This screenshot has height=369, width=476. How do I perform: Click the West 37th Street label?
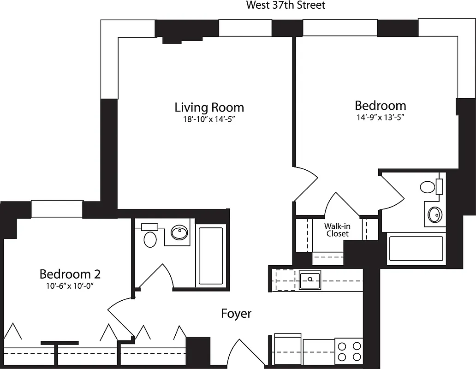point(286,6)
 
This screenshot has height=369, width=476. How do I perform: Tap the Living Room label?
point(209,107)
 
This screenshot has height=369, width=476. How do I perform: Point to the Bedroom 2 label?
point(70,274)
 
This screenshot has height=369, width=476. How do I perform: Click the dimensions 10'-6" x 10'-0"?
point(70,286)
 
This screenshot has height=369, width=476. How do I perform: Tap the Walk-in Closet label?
point(337,230)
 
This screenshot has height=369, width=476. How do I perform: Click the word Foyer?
point(236,314)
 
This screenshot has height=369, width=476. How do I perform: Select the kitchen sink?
point(310,280)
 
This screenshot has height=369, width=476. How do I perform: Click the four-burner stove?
point(348,351)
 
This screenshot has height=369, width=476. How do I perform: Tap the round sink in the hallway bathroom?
point(179,232)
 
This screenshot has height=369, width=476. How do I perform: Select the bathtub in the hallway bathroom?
point(211,256)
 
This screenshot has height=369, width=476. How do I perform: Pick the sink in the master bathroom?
point(434,214)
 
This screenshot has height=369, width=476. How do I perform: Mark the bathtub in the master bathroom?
point(416,249)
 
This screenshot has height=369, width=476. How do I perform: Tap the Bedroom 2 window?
point(57,209)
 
